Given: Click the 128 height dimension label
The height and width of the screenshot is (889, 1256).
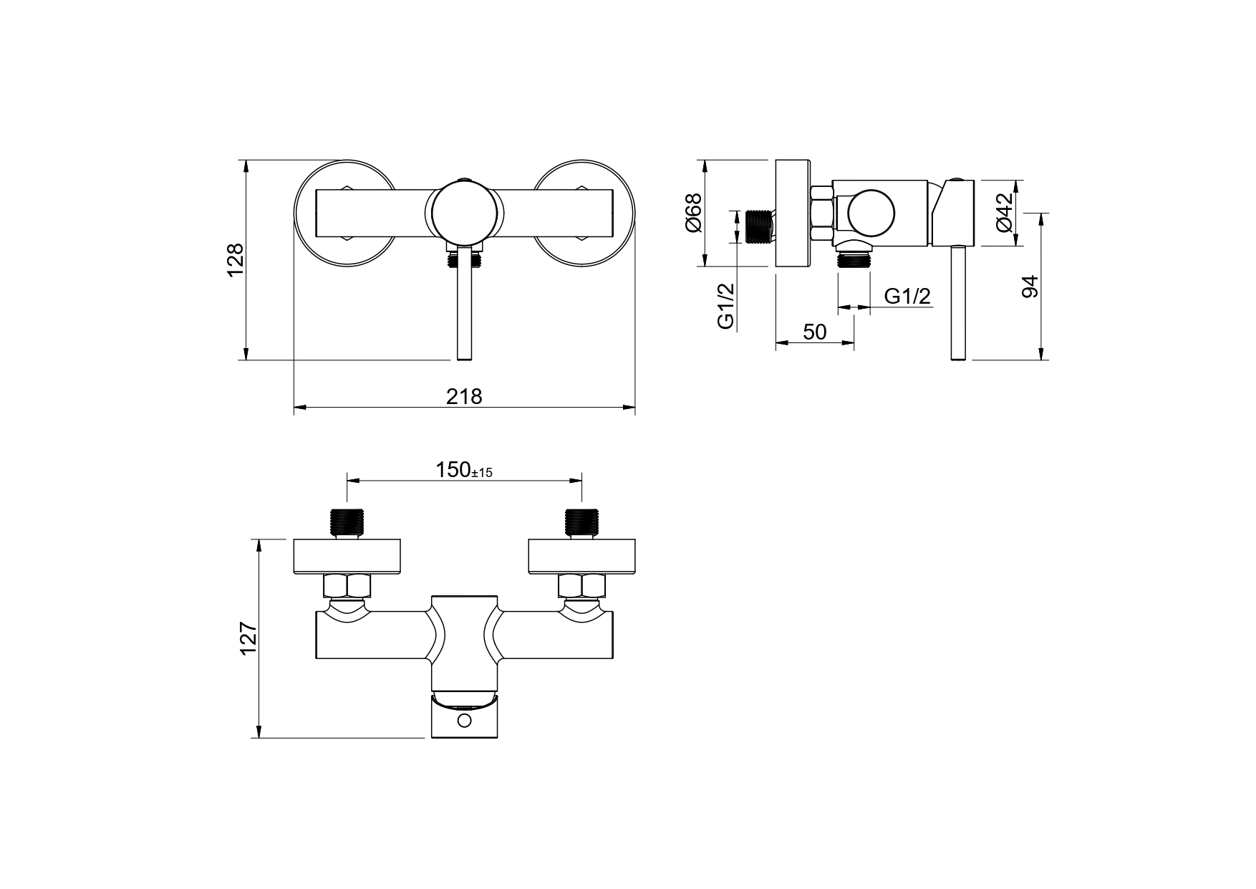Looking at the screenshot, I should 236,259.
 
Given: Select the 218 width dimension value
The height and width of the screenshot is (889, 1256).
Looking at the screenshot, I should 464,396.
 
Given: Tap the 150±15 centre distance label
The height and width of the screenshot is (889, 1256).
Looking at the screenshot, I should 464,471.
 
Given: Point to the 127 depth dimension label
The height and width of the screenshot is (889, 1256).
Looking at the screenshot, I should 248,638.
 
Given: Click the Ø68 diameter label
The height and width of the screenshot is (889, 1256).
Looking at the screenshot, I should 693,213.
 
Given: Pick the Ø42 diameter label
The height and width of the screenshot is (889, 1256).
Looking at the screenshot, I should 1005,212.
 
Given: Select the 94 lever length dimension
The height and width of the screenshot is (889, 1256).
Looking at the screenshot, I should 1030,287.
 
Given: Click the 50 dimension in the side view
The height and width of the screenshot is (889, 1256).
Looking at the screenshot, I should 814,332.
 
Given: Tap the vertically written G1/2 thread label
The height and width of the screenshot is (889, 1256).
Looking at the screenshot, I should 726,306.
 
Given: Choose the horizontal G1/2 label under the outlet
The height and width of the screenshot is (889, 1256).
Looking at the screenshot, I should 907,296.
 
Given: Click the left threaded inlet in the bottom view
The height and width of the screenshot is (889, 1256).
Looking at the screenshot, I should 347,522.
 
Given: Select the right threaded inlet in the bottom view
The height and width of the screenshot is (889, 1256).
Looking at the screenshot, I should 581,522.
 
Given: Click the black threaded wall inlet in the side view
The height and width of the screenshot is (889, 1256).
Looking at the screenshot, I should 758,226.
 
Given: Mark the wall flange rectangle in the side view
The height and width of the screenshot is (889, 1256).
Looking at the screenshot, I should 793,213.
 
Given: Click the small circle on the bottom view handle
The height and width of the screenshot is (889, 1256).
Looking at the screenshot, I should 465,720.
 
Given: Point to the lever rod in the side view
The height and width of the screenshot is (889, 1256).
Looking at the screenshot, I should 957,304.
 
